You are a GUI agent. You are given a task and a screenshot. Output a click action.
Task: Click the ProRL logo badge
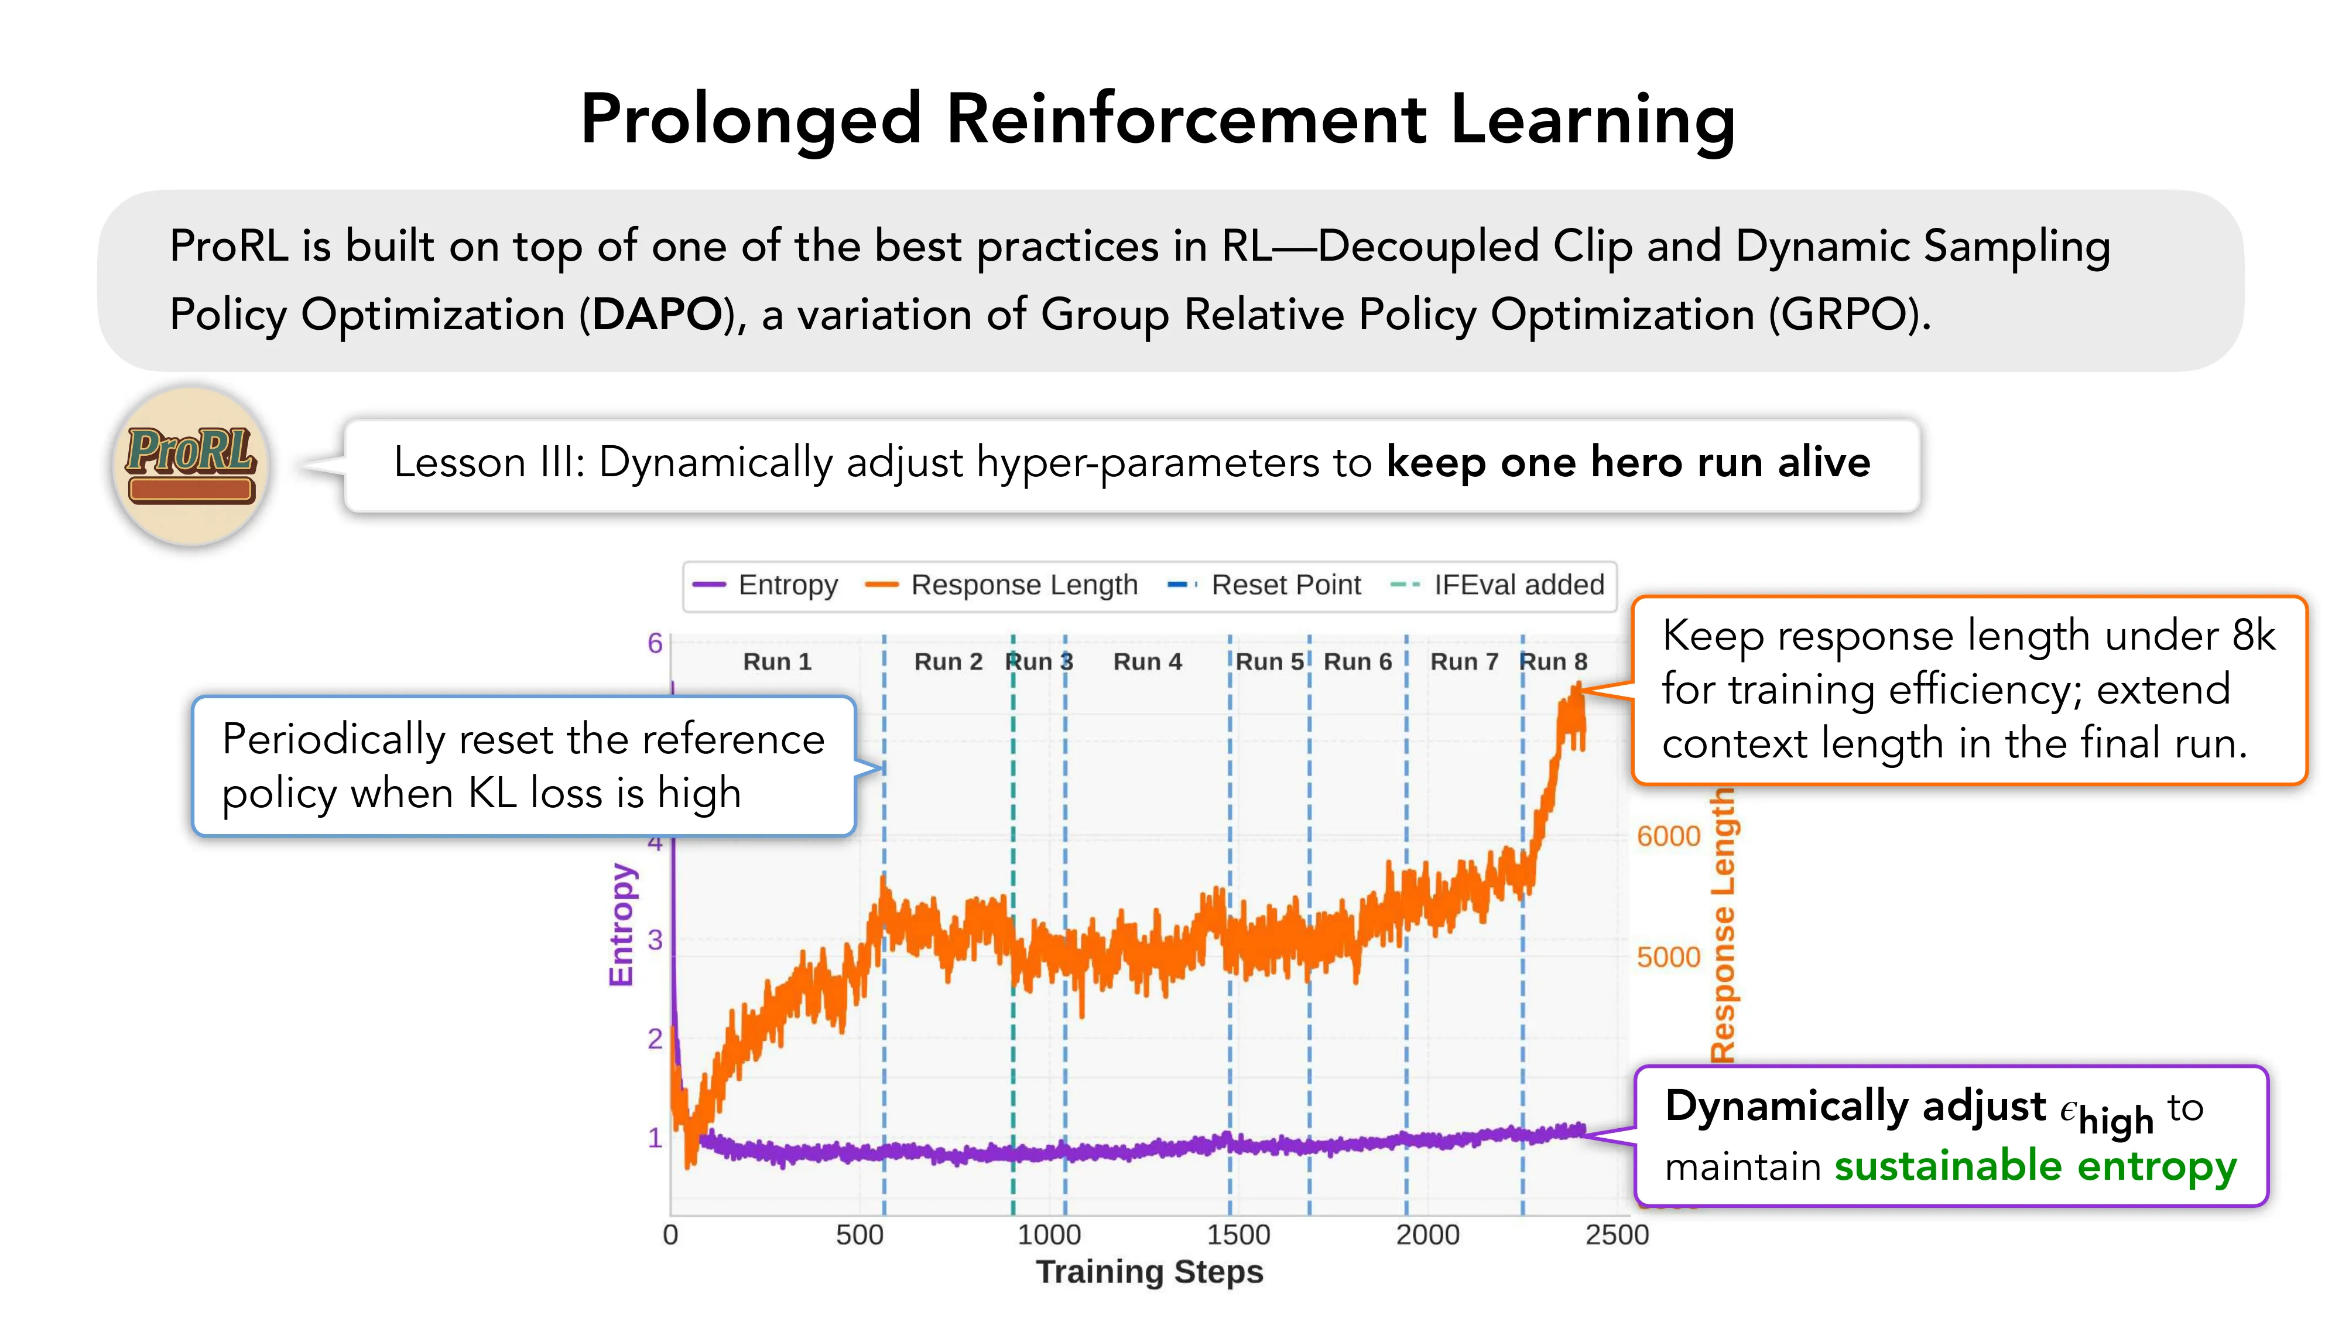191,465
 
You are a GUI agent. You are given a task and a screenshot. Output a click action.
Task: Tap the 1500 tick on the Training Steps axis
1237,1234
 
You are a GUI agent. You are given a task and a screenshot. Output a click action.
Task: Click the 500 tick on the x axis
859,1234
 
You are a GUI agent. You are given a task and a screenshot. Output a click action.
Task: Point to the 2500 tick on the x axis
1617,1234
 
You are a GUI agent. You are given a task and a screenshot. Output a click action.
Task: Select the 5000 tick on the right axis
1668,957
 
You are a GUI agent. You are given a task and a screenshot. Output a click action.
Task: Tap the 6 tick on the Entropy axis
655,643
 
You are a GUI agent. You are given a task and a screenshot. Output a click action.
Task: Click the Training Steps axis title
1149,1272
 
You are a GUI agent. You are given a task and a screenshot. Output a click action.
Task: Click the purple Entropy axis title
621,924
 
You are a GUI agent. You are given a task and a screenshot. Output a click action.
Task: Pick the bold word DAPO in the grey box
656,315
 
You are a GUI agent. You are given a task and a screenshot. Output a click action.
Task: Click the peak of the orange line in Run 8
1577,688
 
